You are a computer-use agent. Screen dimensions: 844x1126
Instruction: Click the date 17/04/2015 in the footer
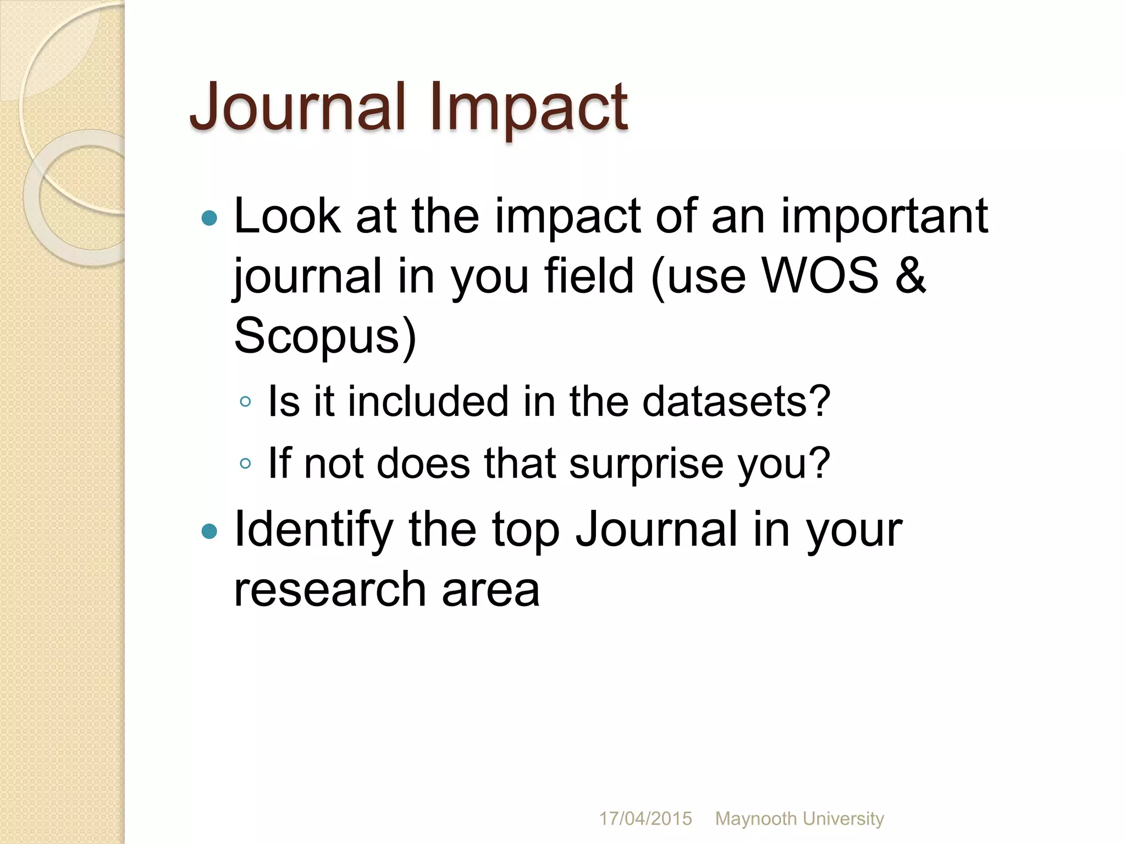[x=645, y=819]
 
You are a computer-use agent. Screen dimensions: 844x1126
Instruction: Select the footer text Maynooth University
[x=799, y=819]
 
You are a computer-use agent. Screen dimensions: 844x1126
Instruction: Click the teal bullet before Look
[x=209, y=219]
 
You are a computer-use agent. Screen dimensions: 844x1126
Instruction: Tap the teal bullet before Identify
[x=209, y=531]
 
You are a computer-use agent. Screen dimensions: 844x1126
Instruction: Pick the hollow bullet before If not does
[x=245, y=464]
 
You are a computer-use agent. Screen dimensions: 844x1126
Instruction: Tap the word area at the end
[x=490, y=590]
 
